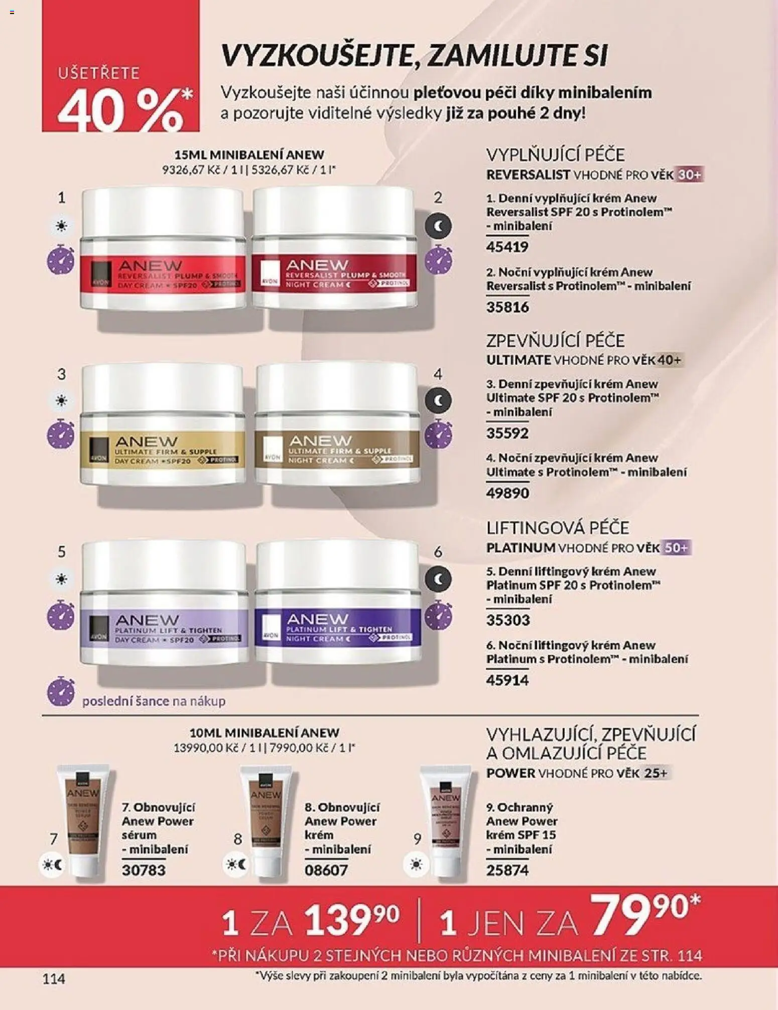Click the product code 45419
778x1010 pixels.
507,247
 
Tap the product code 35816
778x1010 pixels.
507,307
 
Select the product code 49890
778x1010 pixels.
507,493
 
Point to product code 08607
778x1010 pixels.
326,870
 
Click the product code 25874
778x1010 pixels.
507,870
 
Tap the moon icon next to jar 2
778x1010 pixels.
438,227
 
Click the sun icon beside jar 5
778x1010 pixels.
61,580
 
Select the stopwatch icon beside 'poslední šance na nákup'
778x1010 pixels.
61,691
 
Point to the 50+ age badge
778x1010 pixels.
676,548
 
